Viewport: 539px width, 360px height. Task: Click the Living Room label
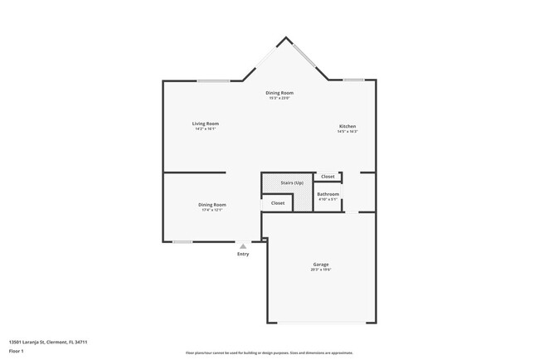(x=206, y=124)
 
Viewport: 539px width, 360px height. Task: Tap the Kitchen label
(x=347, y=126)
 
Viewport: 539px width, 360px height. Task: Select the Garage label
(x=320, y=265)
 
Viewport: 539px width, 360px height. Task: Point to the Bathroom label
(x=328, y=194)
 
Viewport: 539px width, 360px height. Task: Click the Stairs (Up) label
(x=292, y=182)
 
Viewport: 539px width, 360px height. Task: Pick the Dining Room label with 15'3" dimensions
(x=279, y=93)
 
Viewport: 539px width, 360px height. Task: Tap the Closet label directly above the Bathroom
(x=328, y=177)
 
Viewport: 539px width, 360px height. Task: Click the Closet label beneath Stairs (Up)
(x=278, y=203)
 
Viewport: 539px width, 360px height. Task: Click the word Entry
(x=243, y=255)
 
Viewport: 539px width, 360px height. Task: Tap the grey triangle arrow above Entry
(x=243, y=246)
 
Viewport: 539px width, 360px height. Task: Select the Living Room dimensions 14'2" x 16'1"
(x=206, y=129)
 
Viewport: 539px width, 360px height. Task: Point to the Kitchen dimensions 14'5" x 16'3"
(x=347, y=132)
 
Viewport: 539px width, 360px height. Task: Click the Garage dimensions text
(x=320, y=270)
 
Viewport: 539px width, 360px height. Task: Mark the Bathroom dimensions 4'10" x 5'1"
(x=328, y=199)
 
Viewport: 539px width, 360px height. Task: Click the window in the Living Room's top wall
(x=213, y=80)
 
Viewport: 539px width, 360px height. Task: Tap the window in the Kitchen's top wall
(x=353, y=80)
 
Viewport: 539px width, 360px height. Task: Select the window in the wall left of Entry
(x=183, y=241)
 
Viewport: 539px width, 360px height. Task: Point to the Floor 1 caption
(x=17, y=351)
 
